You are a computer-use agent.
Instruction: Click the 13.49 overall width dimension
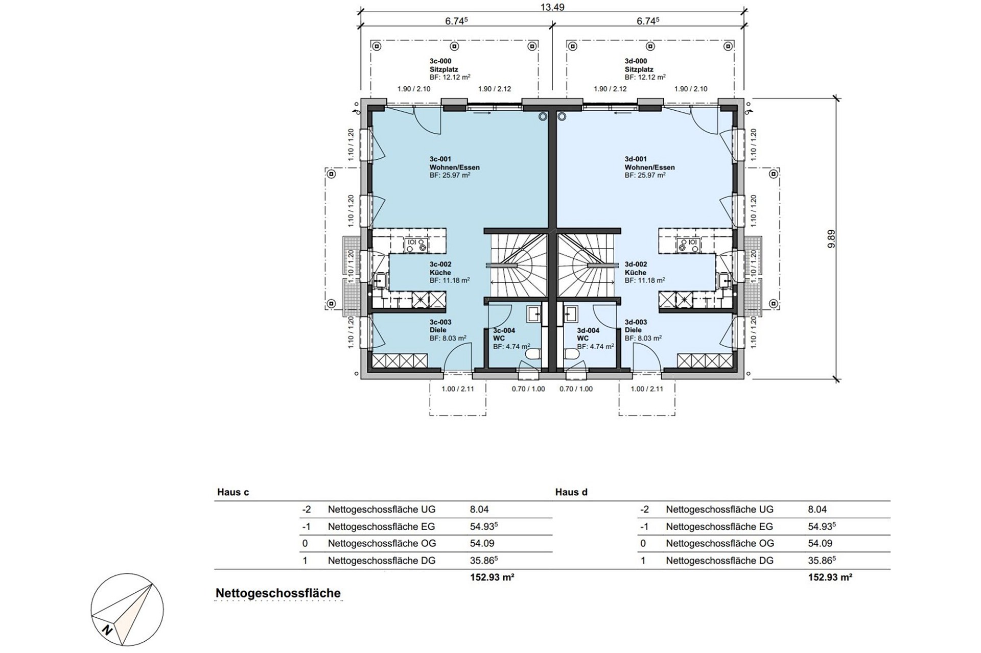tap(552, 7)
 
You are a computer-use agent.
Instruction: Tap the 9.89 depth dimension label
tap(831, 239)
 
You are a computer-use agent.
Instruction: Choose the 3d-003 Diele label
tap(643, 330)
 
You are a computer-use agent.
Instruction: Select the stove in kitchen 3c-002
tap(416, 245)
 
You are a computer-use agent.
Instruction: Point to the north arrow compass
tap(127, 610)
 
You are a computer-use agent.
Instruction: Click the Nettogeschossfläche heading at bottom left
tap(278, 593)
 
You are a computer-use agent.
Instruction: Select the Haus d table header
tap(571, 492)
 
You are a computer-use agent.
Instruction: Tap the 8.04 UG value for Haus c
tap(479, 509)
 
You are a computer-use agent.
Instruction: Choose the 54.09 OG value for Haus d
tap(820, 543)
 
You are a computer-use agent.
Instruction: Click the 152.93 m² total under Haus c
tap(492, 577)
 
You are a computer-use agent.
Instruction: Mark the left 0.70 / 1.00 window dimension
tap(528, 389)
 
